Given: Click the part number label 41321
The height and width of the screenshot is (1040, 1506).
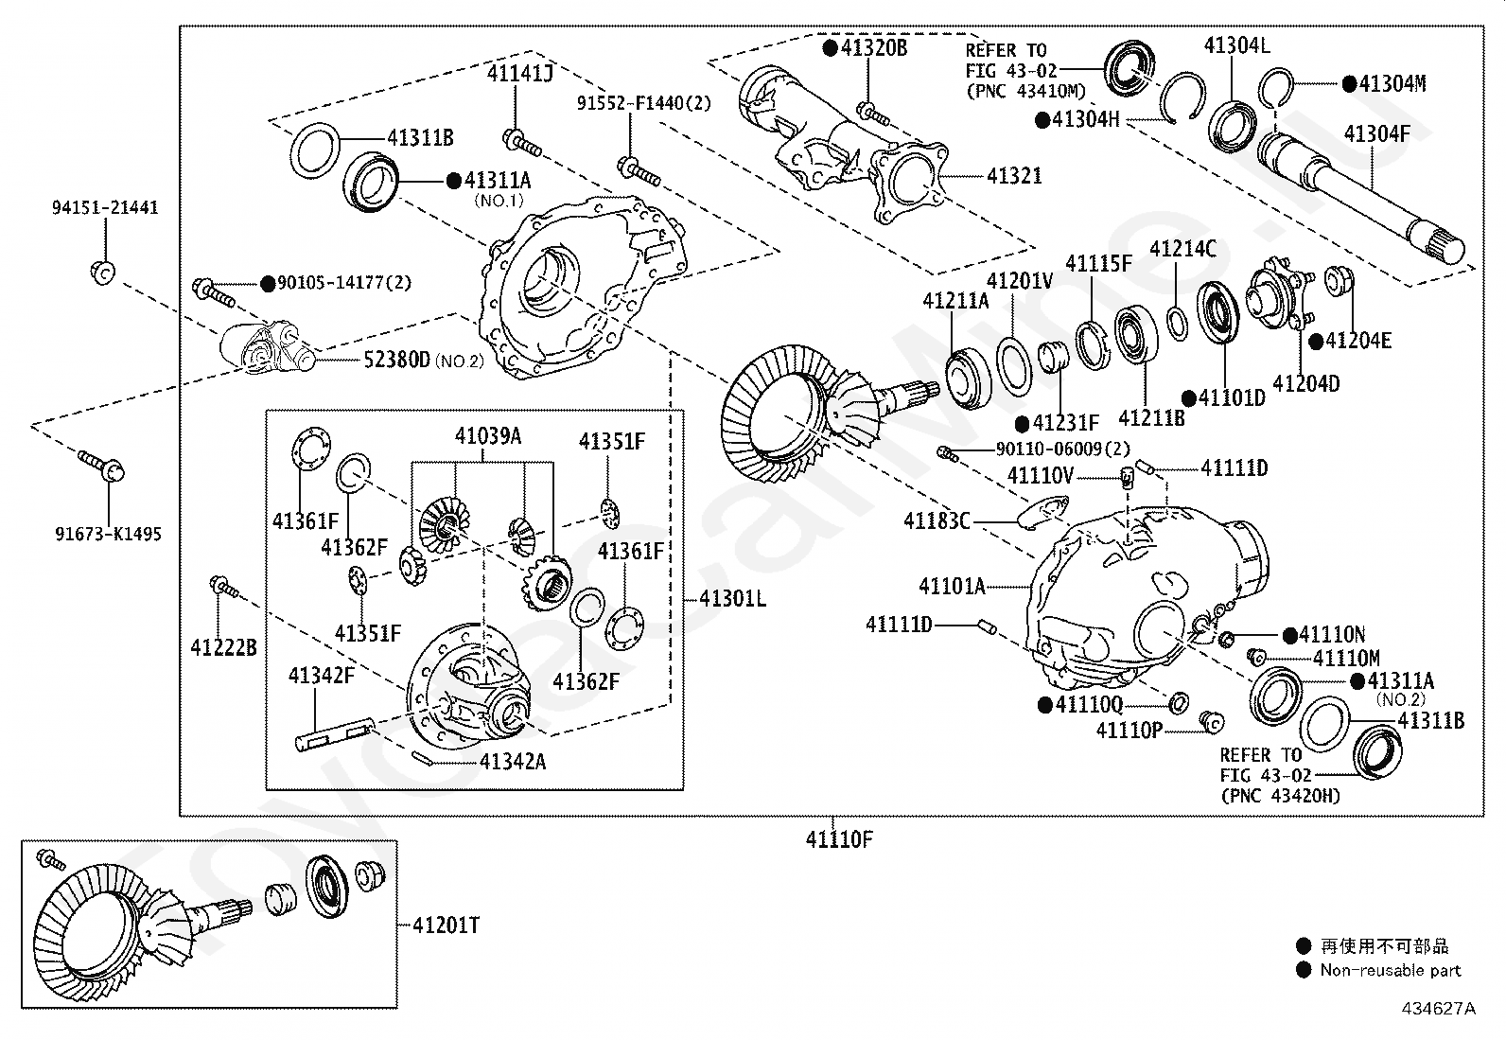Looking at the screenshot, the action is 1014,176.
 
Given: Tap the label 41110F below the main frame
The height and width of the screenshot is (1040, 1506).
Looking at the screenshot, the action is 839,839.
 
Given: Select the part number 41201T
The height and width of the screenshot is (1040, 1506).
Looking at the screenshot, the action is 447,925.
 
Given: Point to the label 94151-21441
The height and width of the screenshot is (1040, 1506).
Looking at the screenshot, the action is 106,207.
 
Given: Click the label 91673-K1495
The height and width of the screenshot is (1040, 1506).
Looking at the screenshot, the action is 108,534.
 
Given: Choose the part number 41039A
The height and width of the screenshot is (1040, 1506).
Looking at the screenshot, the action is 488,436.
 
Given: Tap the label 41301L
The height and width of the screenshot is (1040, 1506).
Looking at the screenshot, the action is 732,598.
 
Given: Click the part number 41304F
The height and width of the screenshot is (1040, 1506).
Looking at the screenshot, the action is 1377,133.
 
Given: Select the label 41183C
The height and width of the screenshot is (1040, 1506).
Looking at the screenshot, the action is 937,520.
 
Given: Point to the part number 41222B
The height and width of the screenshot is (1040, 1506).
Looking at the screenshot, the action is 224,648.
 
